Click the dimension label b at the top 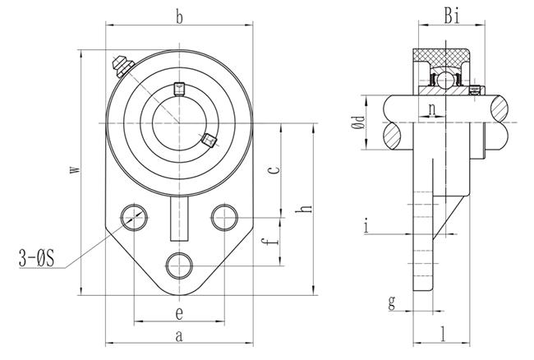tap(179, 17)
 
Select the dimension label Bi tap(452, 16)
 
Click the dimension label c tap(274, 169)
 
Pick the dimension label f tap(269, 242)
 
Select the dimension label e tap(179, 313)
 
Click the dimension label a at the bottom tap(179, 336)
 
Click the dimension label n tap(432, 109)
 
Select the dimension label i tap(366, 225)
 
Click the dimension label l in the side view tap(443, 334)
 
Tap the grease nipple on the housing tap(123, 66)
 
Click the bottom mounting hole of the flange tap(179, 266)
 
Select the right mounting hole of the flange tap(224, 218)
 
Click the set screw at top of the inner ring tap(179, 90)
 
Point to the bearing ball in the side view tap(444, 81)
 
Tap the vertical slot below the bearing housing tap(179, 219)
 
